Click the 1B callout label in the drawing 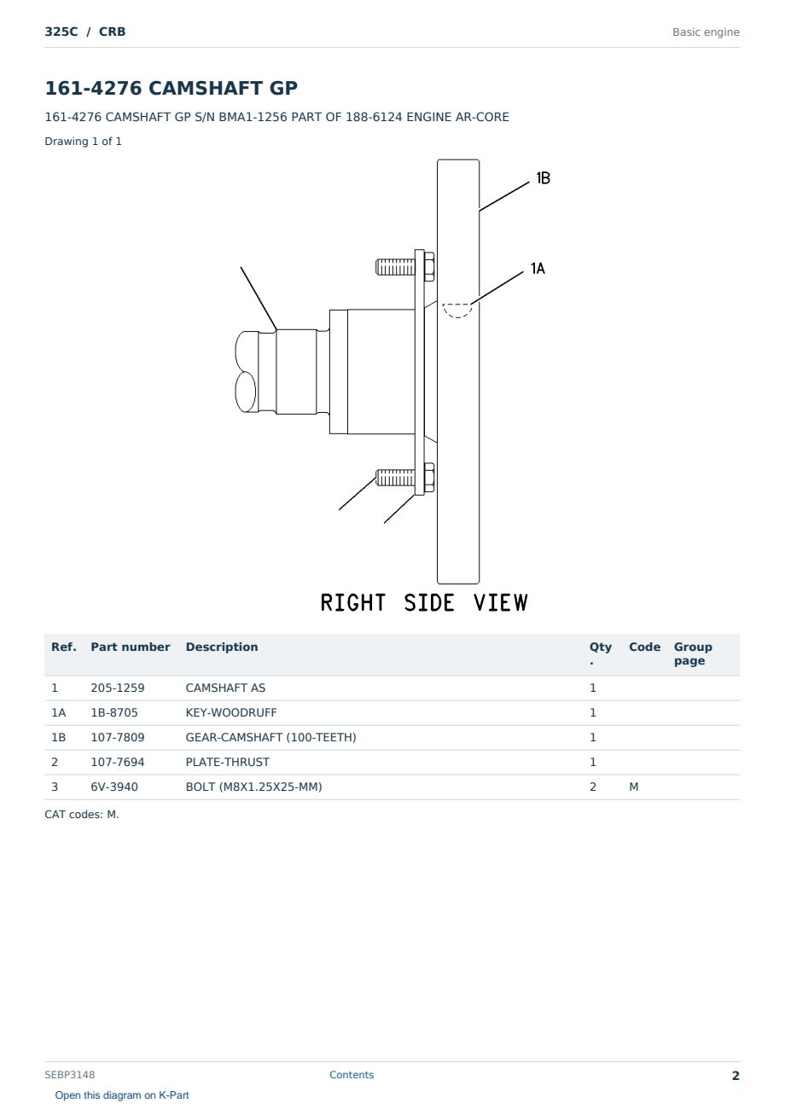(x=543, y=178)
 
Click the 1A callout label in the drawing (x=538, y=269)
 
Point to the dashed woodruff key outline (x=457, y=311)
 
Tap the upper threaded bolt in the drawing (x=404, y=267)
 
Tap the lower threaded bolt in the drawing (x=404, y=478)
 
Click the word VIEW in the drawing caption (x=500, y=602)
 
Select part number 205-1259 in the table (x=118, y=688)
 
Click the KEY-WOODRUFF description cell (x=230, y=712)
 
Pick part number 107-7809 (x=118, y=737)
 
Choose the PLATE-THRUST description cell (x=227, y=762)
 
